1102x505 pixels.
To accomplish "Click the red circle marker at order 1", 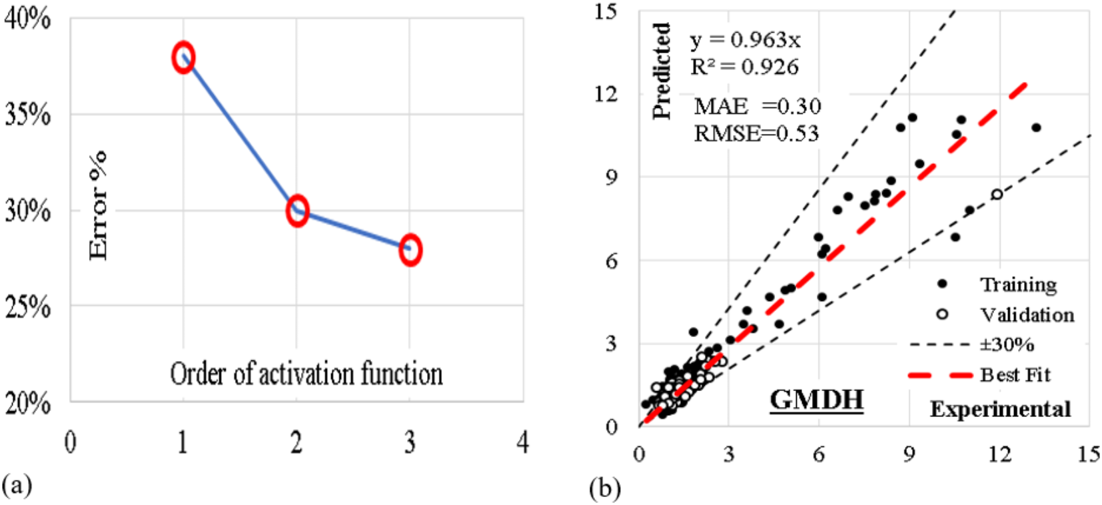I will tap(183, 57).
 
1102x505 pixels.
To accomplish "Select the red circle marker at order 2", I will tap(297, 211).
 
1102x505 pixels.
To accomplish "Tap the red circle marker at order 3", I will tap(410, 251).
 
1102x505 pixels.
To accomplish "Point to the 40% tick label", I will tap(27, 19).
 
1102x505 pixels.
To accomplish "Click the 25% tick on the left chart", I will tap(27, 307).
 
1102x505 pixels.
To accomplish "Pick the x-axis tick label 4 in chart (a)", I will tap(523, 442).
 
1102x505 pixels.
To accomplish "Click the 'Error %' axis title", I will tap(98, 205).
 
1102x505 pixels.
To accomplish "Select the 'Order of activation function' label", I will tap(306, 374).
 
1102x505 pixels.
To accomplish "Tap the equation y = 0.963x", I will tap(745, 40).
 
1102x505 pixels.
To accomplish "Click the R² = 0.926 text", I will tap(744, 67).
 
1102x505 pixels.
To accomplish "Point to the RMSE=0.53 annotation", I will tap(756, 133).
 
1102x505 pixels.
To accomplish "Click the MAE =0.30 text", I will tap(757, 106).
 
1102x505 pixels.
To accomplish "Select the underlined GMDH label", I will tap(816, 400).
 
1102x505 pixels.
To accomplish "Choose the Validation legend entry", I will tap(1026, 314).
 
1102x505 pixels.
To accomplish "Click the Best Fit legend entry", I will tap(1014, 375).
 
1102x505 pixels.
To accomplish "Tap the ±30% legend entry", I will tap(1006, 344).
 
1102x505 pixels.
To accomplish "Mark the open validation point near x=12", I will tap(997, 195).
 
